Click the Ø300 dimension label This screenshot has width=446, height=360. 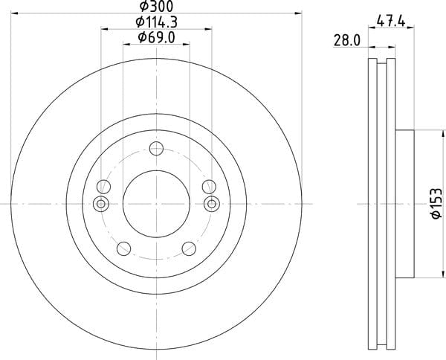click(156, 6)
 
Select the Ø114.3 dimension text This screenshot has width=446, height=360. click(156, 22)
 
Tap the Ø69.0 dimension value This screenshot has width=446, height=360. click(156, 37)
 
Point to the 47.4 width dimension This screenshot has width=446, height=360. click(391, 22)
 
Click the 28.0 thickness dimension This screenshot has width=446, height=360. click(347, 40)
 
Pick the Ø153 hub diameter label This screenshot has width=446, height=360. click(437, 203)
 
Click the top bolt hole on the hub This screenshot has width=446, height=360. click(156, 148)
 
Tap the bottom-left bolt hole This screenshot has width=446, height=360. click(123, 248)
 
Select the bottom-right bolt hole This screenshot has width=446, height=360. click(189, 248)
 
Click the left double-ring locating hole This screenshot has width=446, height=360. click(100, 204)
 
